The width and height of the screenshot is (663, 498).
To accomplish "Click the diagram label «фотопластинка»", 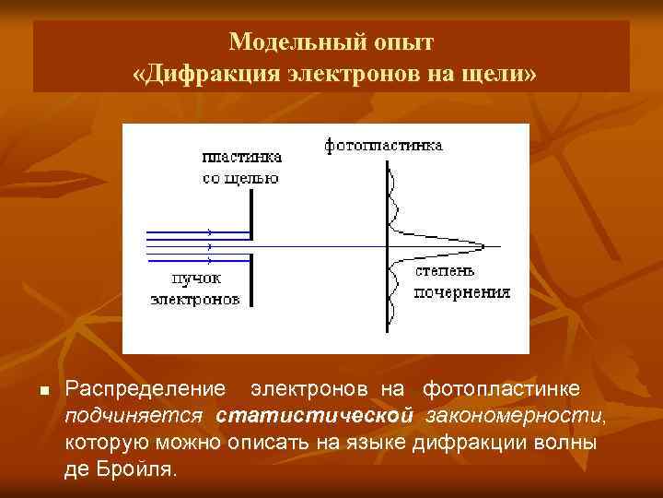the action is click(x=383, y=145).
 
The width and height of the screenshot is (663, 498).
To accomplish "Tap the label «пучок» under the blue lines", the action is click(x=196, y=279).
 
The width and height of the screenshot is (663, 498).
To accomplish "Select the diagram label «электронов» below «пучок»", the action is click(x=195, y=299).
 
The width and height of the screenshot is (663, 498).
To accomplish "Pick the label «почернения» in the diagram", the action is click(x=461, y=292).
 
